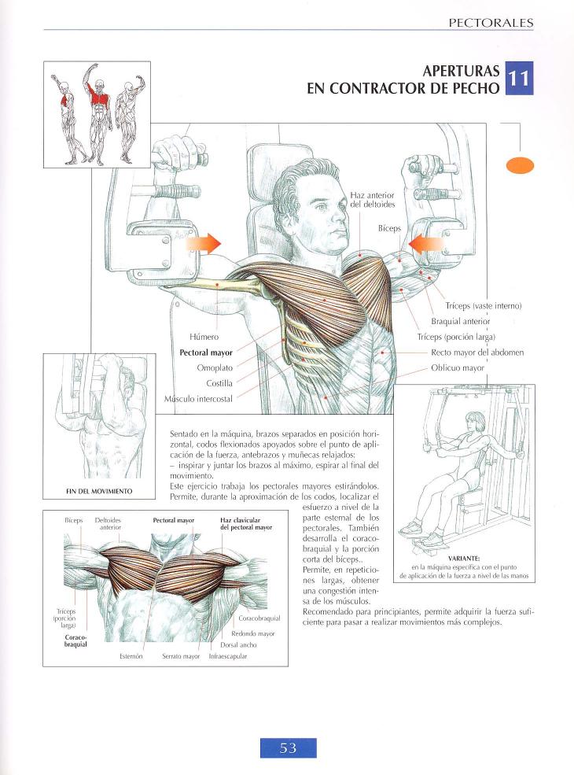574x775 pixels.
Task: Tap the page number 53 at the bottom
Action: coord(288,748)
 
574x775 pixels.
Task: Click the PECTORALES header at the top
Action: coord(491,23)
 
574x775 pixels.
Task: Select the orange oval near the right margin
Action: coord(521,164)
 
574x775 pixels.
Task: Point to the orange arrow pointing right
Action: coord(204,245)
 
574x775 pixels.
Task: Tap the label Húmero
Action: coord(204,337)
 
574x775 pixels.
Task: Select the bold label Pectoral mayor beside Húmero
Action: coord(201,352)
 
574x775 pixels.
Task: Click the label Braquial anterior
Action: coord(460,321)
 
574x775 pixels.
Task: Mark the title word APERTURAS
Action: coord(460,70)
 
